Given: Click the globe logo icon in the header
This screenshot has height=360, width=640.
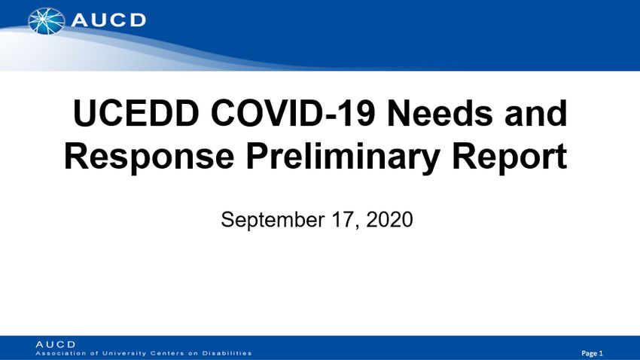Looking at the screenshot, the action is (47, 21).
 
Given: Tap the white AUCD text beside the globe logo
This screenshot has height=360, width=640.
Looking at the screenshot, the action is (108, 20).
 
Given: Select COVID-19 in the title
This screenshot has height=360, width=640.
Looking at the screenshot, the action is (293, 113).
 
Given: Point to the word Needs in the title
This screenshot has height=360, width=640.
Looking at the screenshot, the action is (440, 113).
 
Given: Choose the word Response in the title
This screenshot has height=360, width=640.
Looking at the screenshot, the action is (149, 157).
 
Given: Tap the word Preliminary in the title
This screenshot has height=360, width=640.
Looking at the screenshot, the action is (343, 157).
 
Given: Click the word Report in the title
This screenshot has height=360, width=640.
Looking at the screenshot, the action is (510, 157).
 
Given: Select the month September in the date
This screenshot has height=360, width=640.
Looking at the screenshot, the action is (273, 220).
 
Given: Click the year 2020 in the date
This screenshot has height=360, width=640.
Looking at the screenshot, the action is (389, 220).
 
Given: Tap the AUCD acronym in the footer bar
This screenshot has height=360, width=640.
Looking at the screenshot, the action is (56, 344).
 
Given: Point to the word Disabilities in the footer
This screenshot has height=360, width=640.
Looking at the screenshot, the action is (227, 353).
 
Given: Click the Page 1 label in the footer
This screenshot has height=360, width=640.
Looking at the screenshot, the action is (593, 353).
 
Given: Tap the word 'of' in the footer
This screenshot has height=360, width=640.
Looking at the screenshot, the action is (94, 353).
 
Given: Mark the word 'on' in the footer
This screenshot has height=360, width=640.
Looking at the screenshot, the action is (193, 354).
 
